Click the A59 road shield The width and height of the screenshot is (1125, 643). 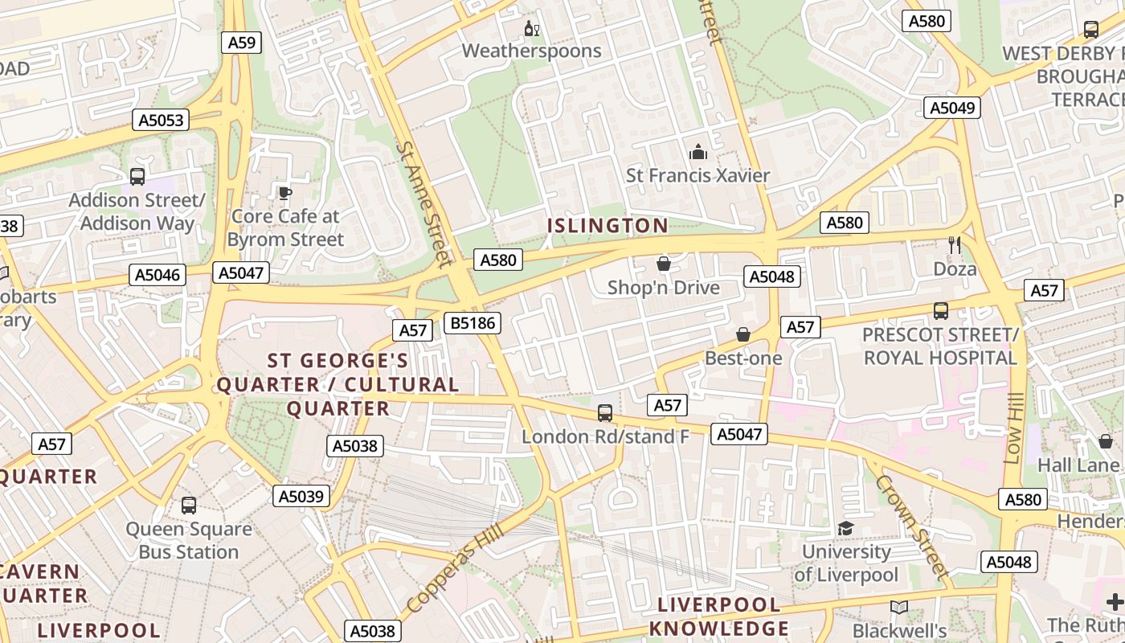tap(241, 43)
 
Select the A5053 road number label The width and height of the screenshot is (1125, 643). tap(161, 121)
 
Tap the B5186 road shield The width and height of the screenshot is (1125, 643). tap(473, 323)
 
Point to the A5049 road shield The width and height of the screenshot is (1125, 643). tap(952, 108)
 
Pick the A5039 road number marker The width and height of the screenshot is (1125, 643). tap(301, 497)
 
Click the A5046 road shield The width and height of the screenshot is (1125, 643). tap(157, 275)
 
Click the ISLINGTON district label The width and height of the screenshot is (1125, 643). tap(607, 226)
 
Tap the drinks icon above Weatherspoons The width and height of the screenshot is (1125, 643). tap(531, 30)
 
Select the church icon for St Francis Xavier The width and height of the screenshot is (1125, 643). tap(697, 152)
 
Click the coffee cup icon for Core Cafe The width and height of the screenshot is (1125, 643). tap(284, 193)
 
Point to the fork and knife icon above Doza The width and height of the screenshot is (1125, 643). tap(955, 245)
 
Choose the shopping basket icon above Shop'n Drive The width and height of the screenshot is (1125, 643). tap(664, 264)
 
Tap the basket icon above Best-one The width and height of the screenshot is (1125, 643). tap(743, 334)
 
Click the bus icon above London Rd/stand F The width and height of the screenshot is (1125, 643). tap(605, 413)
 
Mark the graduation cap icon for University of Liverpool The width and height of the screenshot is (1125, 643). tap(845, 528)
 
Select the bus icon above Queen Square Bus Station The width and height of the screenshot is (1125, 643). tap(189, 506)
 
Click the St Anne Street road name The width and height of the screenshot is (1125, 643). tap(424, 204)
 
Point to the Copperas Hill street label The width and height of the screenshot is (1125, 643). tap(455, 567)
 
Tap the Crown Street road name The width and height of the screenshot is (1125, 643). tap(912, 526)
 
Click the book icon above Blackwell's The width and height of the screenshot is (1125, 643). tap(899, 608)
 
